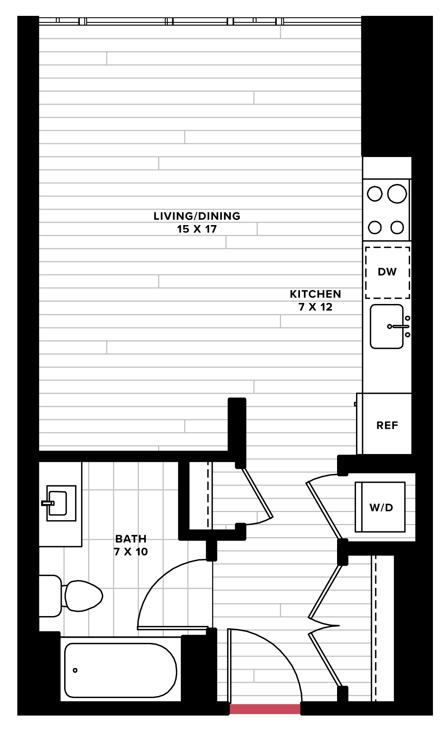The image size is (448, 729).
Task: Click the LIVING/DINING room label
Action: click(197, 216)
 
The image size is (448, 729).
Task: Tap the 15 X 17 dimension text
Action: click(197, 229)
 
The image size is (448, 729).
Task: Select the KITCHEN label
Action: click(315, 294)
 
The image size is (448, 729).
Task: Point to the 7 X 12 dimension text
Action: click(315, 307)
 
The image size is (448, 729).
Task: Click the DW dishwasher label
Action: click(387, 272)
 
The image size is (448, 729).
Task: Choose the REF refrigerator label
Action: click(387, 425)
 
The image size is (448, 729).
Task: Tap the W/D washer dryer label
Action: click(381, 507)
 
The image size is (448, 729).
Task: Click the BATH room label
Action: click(131, 539)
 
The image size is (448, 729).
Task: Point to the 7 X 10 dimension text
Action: click(131, 552)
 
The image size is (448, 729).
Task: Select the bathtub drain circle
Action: click(75, 670)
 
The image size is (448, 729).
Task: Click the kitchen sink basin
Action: click(387, 326)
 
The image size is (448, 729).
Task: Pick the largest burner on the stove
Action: click(397, 194)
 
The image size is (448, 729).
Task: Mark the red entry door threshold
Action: click(265, 709)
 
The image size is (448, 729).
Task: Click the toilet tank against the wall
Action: click(50, 596)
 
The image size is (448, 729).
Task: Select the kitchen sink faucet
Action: click(398, 326)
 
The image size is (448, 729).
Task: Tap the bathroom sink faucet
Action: click(48, 503)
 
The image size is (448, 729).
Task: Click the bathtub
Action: click(121, 670)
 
